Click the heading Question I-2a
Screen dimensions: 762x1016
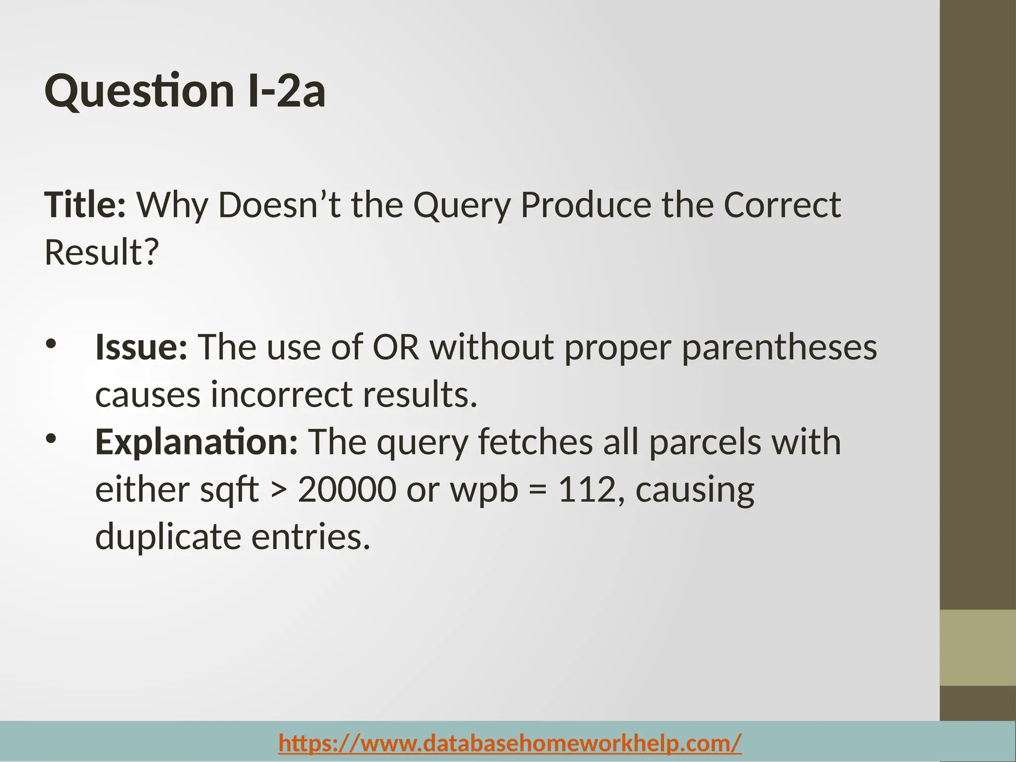point(185,91)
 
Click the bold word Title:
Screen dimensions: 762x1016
point(85,205)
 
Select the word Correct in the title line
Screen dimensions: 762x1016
point(782,205)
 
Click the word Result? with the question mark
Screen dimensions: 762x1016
point(102,253)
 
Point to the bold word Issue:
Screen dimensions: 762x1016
point(141,347)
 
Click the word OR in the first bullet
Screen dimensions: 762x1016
point(395,347)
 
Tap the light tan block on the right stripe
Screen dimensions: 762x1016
point(977,648)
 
